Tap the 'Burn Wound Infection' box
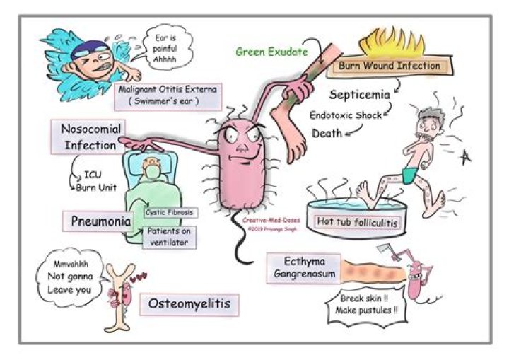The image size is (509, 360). tap(389, 66)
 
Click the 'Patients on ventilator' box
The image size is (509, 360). tap(170, 236)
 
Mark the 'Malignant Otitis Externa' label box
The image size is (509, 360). tap(166, 95)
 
